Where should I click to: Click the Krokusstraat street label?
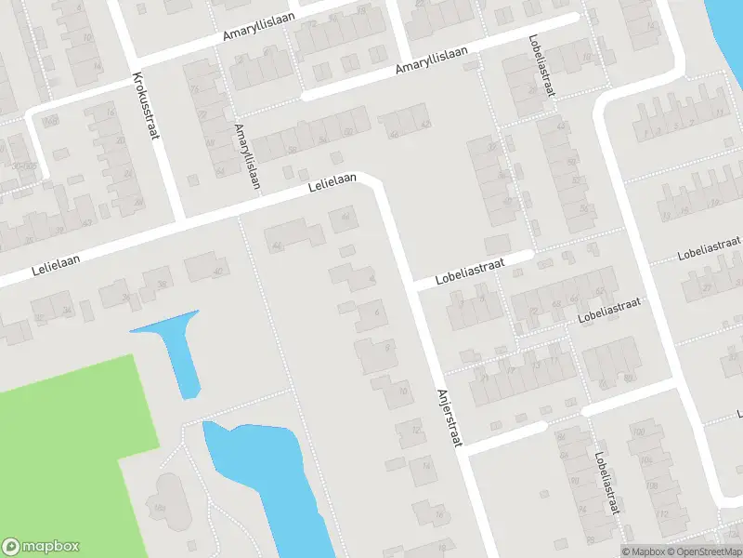pos(147,105)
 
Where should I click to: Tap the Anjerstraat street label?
pos(448,418)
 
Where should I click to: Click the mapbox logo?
pos(41,547)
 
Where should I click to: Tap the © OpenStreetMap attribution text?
pos(703,551)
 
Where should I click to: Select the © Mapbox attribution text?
pos(644,551)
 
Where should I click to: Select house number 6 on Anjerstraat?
pos(371,314)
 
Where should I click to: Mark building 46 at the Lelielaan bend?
pos(344,220)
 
